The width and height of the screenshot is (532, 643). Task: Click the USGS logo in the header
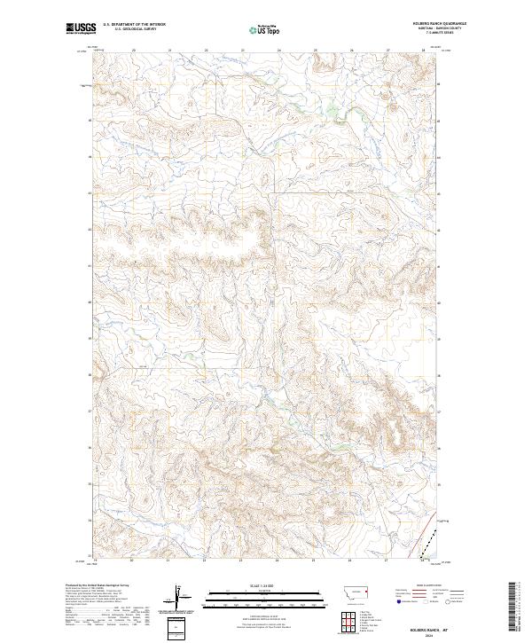pos(82,29)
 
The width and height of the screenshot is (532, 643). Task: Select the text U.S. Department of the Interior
pos(134,25)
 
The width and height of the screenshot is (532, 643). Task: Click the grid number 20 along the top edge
pos(133,51)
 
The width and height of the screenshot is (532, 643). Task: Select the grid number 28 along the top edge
pos(424,51)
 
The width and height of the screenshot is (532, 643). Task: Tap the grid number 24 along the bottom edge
pos(278,561)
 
